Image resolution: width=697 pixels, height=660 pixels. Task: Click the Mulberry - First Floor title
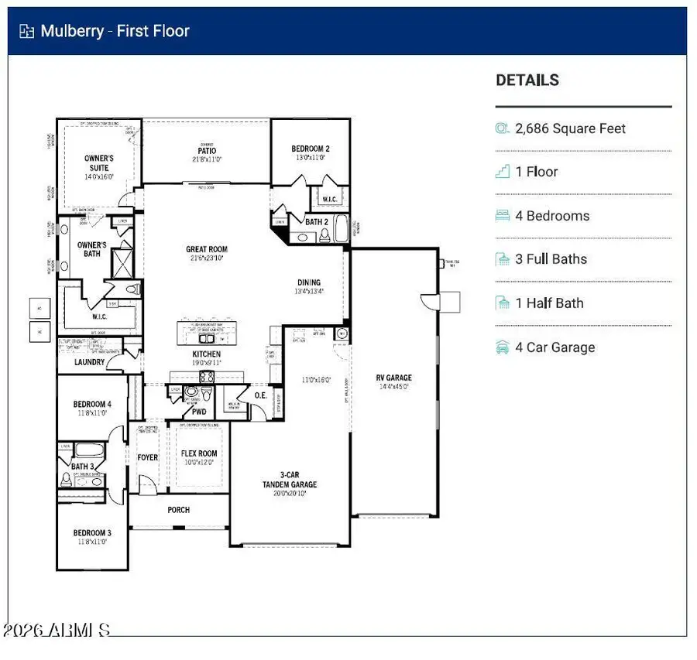[115, 32]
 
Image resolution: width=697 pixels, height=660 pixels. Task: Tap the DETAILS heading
[527, 80]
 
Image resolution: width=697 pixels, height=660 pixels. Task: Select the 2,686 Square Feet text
[571, 128]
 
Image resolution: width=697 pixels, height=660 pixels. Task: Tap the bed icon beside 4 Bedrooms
[503, 216]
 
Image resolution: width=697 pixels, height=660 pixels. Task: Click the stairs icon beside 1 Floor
[503, 172]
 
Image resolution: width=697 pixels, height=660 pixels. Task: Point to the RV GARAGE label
[394, 378]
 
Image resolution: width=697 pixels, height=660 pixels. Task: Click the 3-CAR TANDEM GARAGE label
[288, 480]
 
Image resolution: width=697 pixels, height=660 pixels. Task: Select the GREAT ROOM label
[207, 250]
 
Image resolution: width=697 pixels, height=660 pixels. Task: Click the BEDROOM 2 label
[311, 149]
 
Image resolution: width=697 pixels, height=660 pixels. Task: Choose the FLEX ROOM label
[199, 454]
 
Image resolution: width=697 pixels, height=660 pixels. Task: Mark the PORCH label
[178, 510]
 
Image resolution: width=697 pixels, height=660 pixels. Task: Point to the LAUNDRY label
[90, 362]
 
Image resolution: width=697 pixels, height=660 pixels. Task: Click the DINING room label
[309, 282]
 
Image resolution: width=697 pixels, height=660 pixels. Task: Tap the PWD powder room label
[199, 412]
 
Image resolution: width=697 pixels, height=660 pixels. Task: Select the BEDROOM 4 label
[92, 404]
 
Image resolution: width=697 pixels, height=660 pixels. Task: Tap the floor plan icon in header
[27, 32]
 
